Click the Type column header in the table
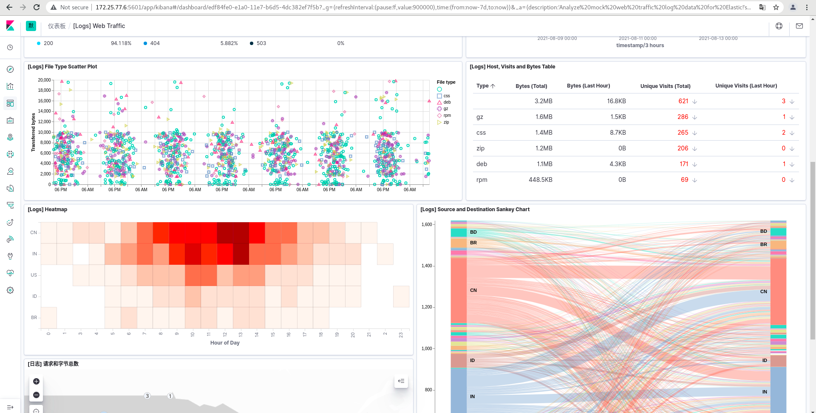483,86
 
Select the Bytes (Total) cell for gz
544,117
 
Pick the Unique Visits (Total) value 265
683,133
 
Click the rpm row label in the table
482,180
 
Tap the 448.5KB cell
540,180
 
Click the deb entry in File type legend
447,102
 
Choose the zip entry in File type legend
446,122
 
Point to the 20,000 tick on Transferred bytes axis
44,80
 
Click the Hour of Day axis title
225,343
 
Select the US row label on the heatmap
34,275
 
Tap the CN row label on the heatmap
34,232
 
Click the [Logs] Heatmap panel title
48,209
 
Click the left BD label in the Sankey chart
473,232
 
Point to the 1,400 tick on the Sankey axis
426,266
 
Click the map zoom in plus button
36,382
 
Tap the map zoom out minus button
36,395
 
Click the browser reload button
37,7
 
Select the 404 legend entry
155,43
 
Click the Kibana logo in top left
10,26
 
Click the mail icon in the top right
799,26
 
